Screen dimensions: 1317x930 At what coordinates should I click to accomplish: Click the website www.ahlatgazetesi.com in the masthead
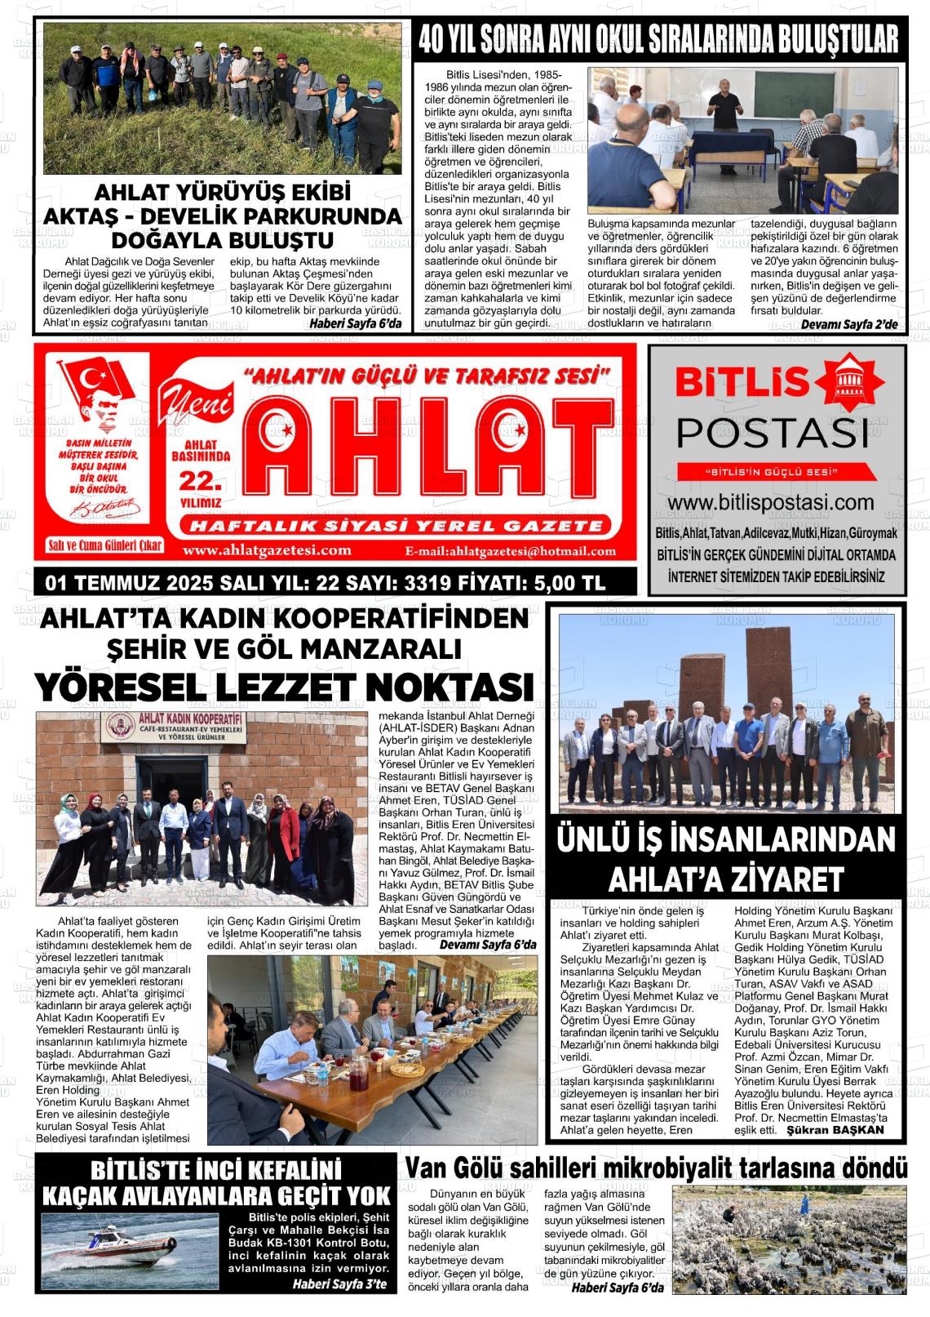268,550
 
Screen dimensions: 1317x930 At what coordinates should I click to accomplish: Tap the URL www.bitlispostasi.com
770,502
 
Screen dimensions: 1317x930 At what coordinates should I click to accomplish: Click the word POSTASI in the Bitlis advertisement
773,432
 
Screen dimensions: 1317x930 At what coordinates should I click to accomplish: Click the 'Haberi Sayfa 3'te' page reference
339,1284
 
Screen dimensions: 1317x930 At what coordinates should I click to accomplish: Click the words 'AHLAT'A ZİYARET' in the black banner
725,879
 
